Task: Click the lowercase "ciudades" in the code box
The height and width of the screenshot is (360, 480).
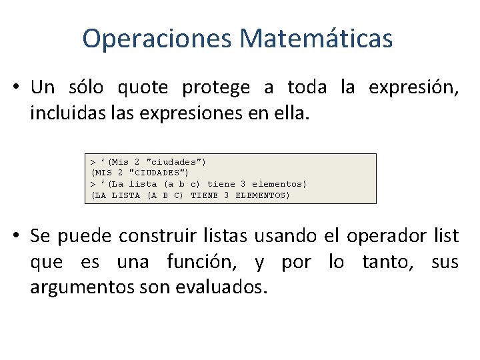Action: click(175, 161)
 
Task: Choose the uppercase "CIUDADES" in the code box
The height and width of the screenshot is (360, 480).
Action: click(158, 173)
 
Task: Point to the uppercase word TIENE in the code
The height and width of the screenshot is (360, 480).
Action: click(204, 195)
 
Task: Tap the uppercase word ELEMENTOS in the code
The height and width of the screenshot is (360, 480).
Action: click(263, 195)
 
